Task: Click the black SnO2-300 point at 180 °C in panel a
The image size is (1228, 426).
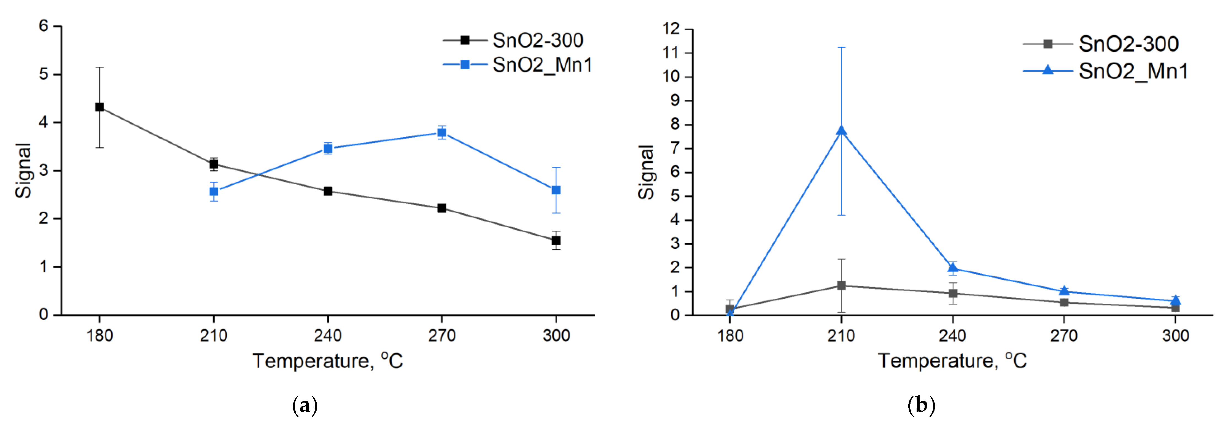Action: coord(99,107)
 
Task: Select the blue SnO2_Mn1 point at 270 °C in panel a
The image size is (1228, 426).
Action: coord(442,133)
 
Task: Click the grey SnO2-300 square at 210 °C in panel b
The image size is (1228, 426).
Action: coord(841,285)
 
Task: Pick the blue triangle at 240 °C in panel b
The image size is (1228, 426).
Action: coord(952,268)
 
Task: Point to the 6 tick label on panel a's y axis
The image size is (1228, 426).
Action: coord(44,26)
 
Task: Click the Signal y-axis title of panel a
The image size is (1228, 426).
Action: coord(23,171)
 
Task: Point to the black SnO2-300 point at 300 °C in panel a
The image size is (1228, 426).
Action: coord(556,240)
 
